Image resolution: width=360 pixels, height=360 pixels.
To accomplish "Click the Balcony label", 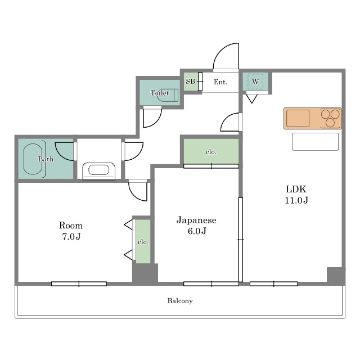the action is (x=180, y=301).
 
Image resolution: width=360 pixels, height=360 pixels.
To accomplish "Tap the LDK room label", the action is (x=296, y=189).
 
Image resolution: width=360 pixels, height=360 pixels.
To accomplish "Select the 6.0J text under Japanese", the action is (x=197, y=231).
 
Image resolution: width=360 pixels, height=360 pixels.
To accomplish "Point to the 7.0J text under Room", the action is (x=71, y=236).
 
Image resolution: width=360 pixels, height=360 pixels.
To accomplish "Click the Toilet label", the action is (x=160, y=93).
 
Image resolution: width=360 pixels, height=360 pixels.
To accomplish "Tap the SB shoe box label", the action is (x=190, y=81).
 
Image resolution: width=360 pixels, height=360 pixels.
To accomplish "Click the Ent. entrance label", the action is (x=220, y=82).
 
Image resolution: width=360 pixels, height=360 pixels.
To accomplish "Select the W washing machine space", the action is (x=255, y=82).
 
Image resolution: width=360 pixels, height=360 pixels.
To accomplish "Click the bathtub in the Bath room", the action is (x=33, y=159).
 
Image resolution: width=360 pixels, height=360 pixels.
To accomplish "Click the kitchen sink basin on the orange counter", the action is (x=298, y=118).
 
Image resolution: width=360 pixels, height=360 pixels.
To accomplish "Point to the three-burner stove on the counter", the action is (x=330, y=118).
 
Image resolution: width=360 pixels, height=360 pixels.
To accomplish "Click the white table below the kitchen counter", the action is (x=315, y=142).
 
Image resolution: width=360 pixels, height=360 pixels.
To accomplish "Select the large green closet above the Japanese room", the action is (x=211, y=151).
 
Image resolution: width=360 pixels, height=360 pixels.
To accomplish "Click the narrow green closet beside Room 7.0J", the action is (x=143, y=241).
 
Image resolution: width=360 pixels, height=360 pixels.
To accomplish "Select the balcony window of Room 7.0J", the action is (x=79, y=283).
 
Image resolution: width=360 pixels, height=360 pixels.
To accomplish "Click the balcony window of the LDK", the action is (x=274, y=283).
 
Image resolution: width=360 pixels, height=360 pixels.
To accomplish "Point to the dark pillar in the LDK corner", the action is (x=335, y=275).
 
